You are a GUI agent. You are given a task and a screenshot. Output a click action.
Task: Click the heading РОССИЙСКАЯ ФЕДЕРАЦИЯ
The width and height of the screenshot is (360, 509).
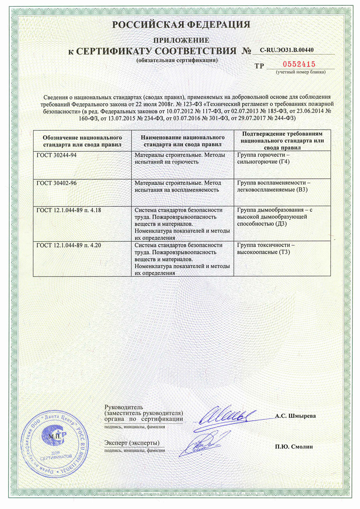pyautogui.click(x=181, y=25)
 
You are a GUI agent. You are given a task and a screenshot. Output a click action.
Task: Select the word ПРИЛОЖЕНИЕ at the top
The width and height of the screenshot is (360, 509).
pyautogui.click(x=182, y=40)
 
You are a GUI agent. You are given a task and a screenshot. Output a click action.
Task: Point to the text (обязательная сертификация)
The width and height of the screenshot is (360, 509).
pyautogui.click(x=177, y=60)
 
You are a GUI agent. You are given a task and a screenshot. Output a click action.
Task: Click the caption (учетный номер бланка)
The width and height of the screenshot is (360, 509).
pyautogui.click(x=301, y=72)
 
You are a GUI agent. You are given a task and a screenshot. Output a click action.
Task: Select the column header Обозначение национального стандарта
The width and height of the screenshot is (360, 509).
pyautogui.click(x=82, y=140)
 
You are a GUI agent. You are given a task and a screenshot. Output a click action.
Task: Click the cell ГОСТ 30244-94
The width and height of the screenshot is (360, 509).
pyautogui.click(x=56, y=155)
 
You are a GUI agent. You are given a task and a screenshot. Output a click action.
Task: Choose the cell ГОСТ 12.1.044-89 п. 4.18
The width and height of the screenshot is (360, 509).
pyautogui.click(x=69, y=210)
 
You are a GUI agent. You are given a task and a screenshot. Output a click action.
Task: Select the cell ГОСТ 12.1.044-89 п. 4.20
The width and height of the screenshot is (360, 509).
pyautogui.click(x=69, y=245)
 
